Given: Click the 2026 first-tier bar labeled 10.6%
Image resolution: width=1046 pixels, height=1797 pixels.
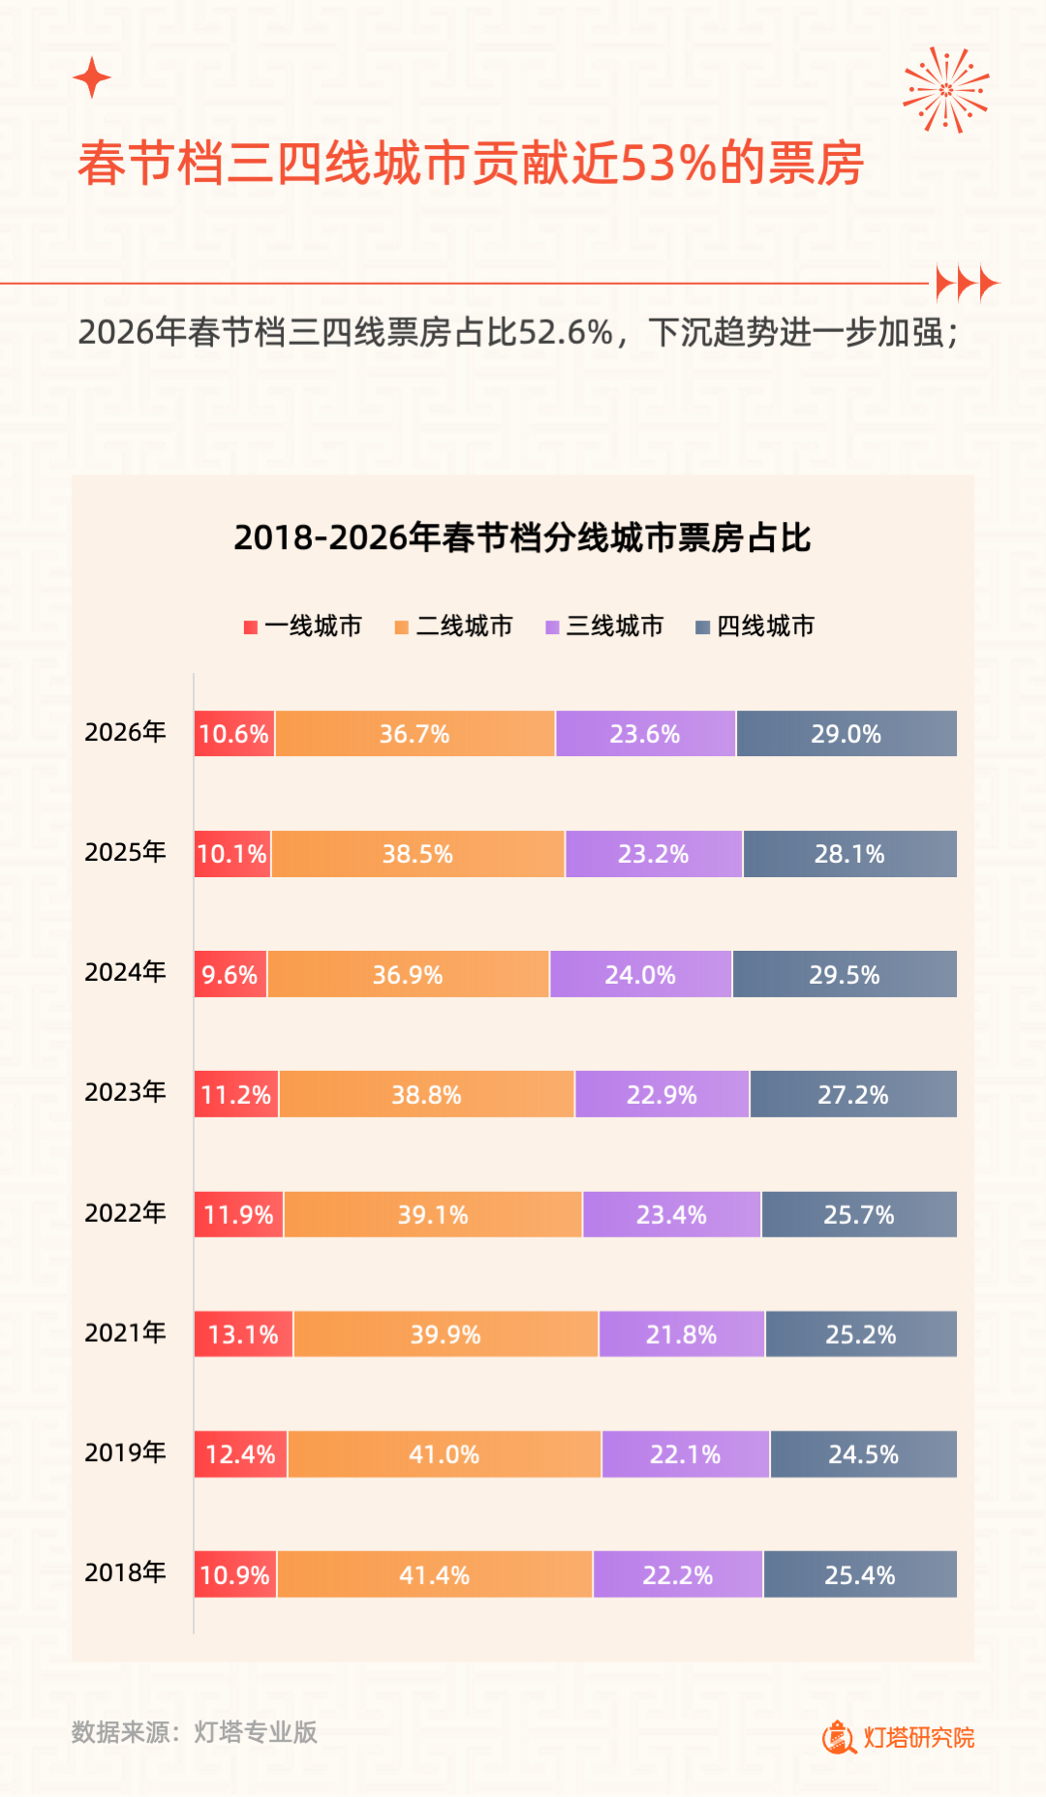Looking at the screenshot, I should point(234,734).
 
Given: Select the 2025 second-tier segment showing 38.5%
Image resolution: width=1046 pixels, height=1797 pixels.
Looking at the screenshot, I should point(417,854).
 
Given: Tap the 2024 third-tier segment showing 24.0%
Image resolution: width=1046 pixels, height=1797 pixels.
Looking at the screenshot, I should point(640,974).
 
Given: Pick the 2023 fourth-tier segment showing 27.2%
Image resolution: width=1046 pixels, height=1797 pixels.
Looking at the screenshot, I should point(852,1094).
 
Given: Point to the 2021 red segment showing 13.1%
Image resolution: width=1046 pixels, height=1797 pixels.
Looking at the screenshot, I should point(243,1334).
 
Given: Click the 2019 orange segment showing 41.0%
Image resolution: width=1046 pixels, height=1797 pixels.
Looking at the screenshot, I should point(444,1454).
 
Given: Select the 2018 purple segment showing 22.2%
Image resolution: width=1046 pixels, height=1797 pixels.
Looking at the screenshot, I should point(677,1574).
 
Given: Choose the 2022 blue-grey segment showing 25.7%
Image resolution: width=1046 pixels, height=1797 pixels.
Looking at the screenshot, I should point(858,1214).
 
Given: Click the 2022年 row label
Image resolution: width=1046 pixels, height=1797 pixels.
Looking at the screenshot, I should point(125,1213).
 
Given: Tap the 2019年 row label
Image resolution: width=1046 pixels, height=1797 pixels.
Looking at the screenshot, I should point(125,1452).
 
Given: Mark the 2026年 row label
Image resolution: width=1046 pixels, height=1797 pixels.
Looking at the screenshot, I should point(125,732).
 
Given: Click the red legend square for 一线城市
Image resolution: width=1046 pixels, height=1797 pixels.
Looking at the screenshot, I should point(251,627).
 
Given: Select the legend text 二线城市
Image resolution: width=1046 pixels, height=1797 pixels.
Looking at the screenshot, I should point(464,626).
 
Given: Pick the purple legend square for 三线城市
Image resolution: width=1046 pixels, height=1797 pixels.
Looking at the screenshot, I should point(553,627).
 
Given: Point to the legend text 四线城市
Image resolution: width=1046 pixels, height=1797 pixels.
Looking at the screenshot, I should point(765,626).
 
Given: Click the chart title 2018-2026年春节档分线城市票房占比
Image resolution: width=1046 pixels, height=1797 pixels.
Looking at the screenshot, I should point(522,537).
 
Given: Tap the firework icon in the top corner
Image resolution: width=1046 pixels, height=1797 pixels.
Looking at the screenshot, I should point(945,89).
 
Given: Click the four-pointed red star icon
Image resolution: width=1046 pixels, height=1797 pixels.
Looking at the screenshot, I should point(92,77).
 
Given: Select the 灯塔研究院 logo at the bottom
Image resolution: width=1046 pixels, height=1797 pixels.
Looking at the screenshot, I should point(899,1737).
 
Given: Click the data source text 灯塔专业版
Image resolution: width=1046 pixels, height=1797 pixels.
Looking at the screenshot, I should point(256,1732).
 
